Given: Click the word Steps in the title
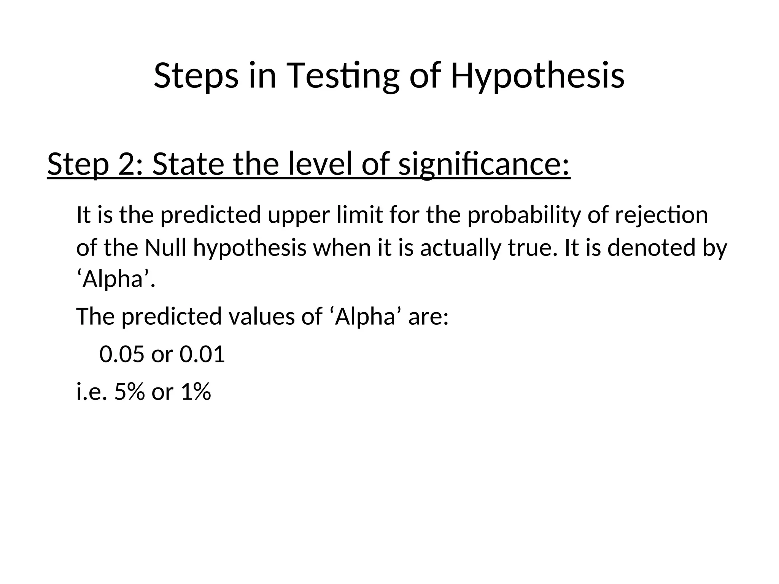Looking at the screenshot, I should coord(196,76).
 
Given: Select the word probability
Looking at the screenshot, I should coord(525,215).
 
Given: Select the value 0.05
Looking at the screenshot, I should coord(122,354).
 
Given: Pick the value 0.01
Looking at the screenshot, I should coord(202,354).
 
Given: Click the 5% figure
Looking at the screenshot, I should coord(129,392).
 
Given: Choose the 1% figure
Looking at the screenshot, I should coord(196,392).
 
